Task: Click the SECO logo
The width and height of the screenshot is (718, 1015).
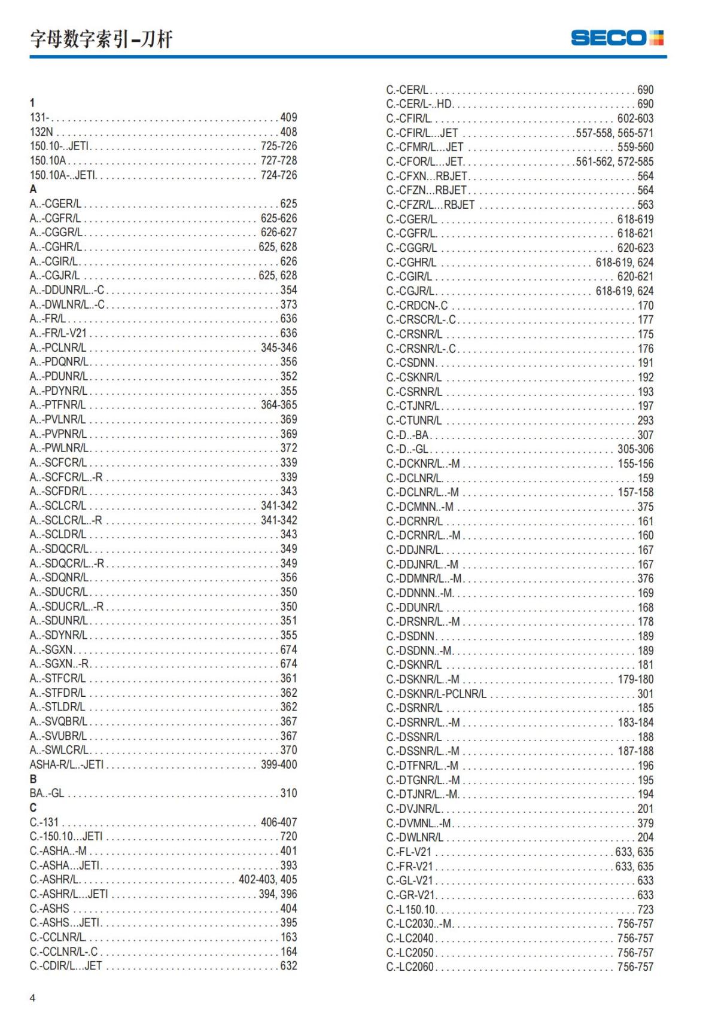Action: (617, 38)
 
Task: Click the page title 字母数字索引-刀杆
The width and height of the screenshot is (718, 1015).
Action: (101, 39)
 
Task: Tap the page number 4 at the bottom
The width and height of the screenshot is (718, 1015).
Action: (32, 998)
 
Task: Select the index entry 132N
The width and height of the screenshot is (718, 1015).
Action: (41, 132)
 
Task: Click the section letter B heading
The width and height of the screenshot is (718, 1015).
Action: (33, 779)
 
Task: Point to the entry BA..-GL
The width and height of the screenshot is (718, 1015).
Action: (47, 793)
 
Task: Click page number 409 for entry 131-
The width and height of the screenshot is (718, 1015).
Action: (288, 117)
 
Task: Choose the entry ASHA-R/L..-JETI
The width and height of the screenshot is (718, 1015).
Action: (66, 764)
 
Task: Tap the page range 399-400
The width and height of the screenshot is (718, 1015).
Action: (279, 764)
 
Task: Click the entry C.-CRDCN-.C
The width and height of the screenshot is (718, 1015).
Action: (416, 305)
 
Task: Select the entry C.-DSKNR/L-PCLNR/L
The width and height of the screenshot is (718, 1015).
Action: (436, 694)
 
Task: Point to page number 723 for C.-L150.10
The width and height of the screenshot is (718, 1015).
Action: (645, 909)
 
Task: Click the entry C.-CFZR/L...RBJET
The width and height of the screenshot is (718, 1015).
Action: (430, 205)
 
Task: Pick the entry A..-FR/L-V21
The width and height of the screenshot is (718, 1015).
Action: (58, 333)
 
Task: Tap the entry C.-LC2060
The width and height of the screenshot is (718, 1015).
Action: (410, 967)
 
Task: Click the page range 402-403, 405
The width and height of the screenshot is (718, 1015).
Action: (267, 879)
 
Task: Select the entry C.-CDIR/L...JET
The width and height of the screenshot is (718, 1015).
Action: (66, 965)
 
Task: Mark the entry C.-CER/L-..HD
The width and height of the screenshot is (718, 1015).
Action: (419, 104)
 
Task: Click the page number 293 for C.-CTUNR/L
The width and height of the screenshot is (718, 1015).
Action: (645, 420)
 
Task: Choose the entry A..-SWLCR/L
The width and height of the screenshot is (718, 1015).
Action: (59, 750)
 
